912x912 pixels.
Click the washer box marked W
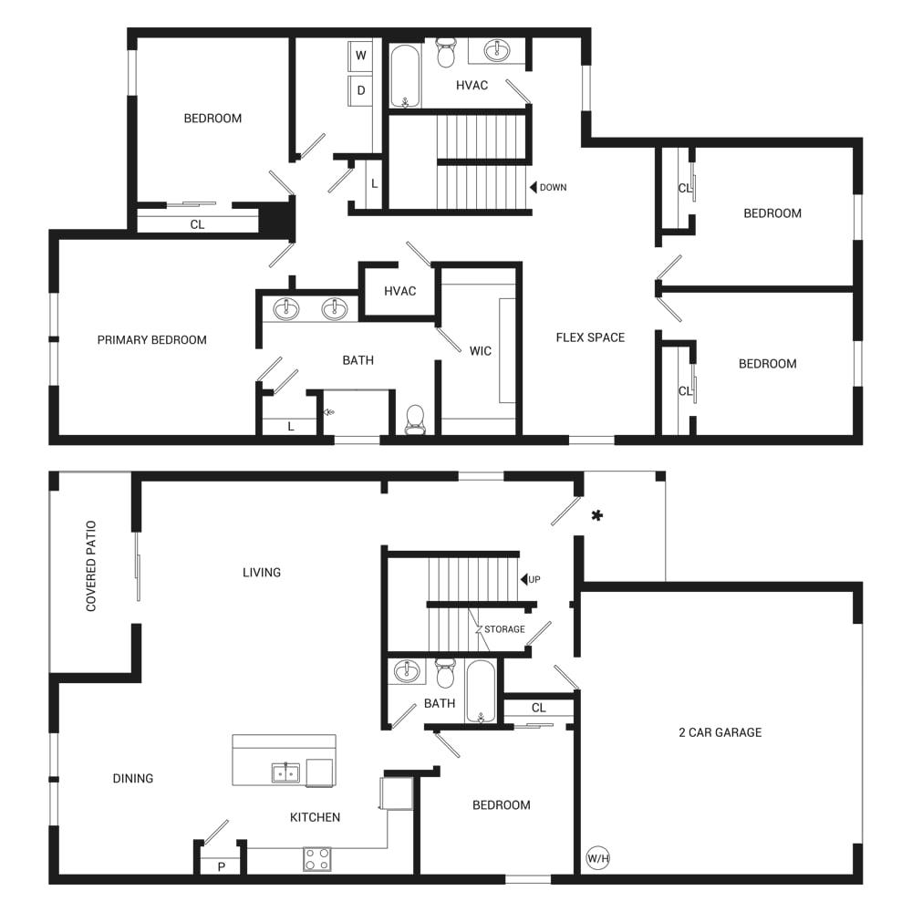[360, 56]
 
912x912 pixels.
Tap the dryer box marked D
[360, 90]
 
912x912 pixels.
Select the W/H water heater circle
[598, 858]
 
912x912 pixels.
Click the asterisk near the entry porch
[596, 515]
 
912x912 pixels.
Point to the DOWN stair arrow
[533, 187]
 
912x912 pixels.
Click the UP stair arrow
[523, 579]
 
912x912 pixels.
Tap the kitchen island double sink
[285, 773]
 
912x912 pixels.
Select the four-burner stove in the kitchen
[317, 859]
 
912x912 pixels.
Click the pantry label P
[221, 867]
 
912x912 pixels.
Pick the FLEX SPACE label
[590, 338]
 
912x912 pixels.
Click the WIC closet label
[481, 351]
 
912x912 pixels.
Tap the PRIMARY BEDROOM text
[151, 340]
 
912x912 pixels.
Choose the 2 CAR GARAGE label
[720, 733]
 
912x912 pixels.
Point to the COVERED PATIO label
[90, 566]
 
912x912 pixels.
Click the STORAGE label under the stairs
[504, 629]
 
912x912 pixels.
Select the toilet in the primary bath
[415, 420]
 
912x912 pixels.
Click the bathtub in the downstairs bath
[481, 691]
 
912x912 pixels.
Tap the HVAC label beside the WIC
[400, 292]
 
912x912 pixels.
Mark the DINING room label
[133, 779]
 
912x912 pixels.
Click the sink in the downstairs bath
[407, 671]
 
